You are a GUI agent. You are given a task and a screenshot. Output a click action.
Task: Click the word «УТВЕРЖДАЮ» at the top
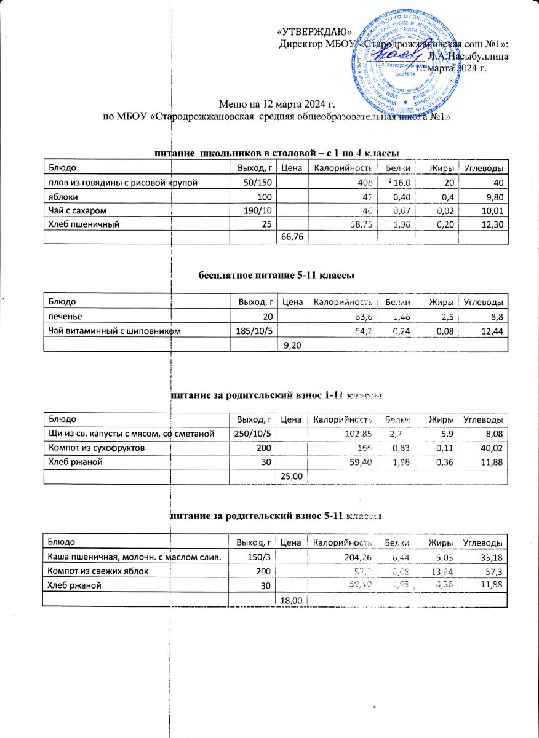point(315,32)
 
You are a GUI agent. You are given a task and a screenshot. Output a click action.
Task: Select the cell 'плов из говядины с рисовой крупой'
point(124,182)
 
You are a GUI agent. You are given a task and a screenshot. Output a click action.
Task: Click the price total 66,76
point(292,237)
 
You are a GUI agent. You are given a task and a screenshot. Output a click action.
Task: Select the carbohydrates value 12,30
point(493,224)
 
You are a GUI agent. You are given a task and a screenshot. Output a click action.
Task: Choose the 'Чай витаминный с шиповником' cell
point(111,331)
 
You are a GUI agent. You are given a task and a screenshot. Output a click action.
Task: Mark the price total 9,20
point(292,345)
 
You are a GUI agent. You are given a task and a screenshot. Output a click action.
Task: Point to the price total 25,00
point(292,476)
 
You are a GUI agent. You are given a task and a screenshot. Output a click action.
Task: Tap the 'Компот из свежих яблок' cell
point(98,571)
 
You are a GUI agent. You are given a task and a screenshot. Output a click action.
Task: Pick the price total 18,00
point(292,599)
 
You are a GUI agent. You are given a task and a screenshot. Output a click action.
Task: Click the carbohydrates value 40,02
point(493,448)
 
